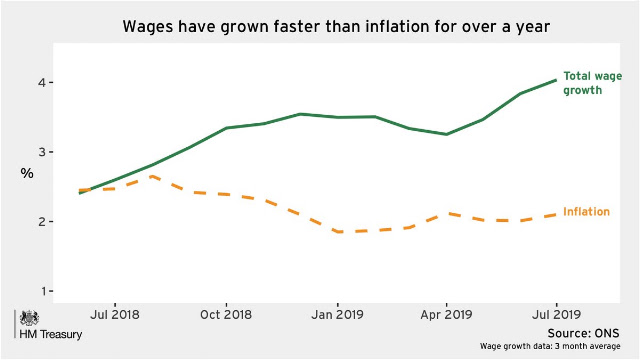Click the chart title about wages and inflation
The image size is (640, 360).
(336, 27)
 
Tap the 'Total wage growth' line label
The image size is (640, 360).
(593, 83)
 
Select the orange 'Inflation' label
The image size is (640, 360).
(587, 211)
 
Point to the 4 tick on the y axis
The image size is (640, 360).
(42, 82)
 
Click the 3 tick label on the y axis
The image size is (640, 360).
(42, 152)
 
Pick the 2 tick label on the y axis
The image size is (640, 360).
(42, 222)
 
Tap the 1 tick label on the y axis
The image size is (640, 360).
(42, 291)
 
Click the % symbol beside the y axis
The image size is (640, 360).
(27, 173)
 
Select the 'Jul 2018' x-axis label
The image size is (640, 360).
(115, 315)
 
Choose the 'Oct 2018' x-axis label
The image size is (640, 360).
(226, 315)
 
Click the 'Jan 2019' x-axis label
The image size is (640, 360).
(337, 315)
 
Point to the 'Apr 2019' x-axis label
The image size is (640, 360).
(446, 315)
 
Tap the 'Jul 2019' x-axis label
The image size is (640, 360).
(556, 315)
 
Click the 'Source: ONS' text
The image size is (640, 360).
(583, 333)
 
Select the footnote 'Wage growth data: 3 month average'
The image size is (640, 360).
(550, 346)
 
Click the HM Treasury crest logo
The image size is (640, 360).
(29, 318)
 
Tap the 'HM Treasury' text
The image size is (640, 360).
(51, 334)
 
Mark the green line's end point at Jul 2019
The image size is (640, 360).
(556, 80)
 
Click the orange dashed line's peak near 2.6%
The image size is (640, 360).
(152, 176)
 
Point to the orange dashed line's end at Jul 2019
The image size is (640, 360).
(556, 214)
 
